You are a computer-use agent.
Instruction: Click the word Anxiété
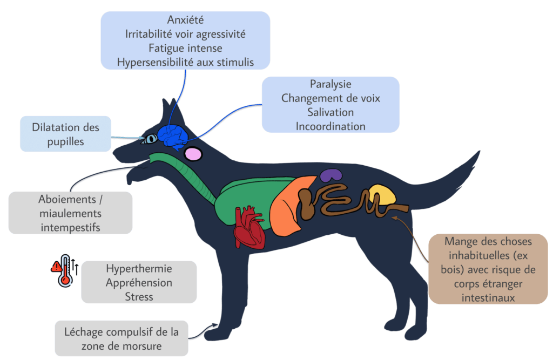tap(185, 21)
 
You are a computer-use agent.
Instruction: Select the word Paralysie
tap(331, 84)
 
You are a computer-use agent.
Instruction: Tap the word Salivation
tap(331, 112)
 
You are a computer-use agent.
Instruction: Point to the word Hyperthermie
tap(139, 269)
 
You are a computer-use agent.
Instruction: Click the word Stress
tap(139, 296)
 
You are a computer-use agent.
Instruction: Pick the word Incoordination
tap(331, 126)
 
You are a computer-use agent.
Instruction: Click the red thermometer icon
tap(65, 270)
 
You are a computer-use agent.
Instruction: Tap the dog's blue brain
tap(172, 135)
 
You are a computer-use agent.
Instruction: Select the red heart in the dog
tap(249, 227)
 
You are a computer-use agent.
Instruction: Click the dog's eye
tap(150, 139)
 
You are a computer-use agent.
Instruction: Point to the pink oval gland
tap(193, 154)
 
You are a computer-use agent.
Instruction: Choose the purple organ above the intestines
tap(331, 175)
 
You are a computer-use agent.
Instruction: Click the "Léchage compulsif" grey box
tap(122, 338)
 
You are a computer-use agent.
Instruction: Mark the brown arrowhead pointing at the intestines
tap(394, 218)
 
